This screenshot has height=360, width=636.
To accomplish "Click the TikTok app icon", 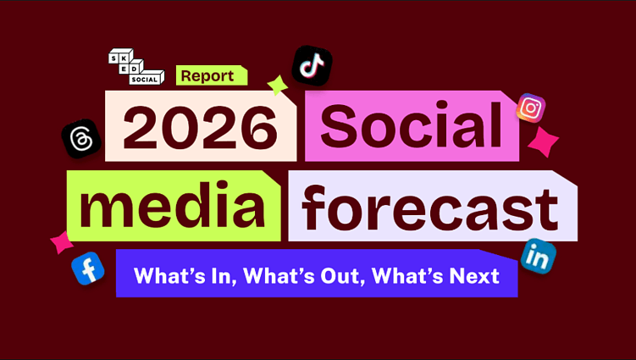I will point(312,65).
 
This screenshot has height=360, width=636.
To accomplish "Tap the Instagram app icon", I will point(531,108).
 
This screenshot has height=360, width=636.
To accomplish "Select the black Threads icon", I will point(81,139).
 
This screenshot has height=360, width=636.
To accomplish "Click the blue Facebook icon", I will point(87,269).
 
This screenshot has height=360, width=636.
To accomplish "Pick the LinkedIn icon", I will point(538,256).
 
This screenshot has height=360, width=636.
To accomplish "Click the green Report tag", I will point(211,75).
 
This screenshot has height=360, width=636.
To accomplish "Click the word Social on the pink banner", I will point(412,127).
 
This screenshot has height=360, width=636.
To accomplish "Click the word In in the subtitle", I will point(218,276).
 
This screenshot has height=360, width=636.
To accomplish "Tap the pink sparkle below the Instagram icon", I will point(543,141).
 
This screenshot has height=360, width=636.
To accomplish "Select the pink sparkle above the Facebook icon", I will point(61,242).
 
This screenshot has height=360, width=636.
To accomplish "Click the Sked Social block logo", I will point(135,67).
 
